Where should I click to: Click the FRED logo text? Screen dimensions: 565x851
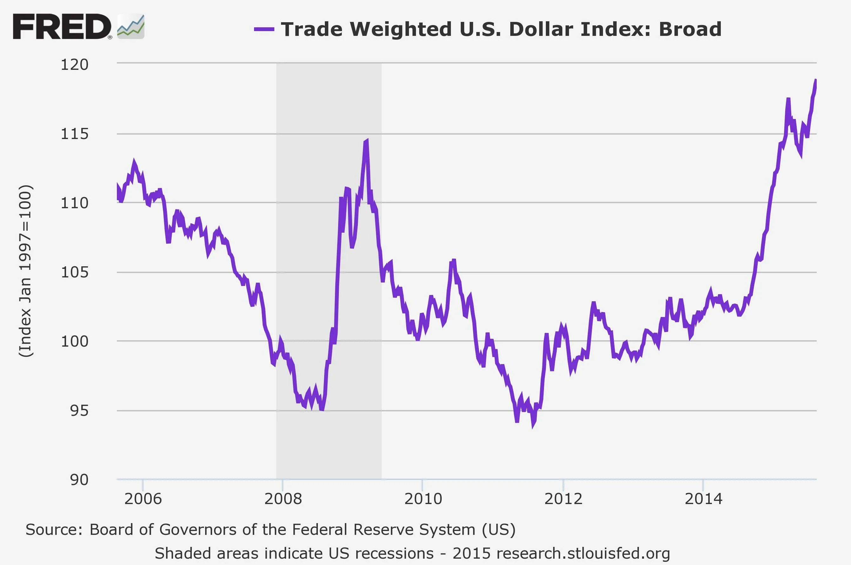tap(62, 27)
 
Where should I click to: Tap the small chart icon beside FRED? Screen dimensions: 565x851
tap(131, 27)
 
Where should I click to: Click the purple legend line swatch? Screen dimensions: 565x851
tap(264, 29)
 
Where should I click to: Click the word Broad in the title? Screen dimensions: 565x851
tap(690, 29)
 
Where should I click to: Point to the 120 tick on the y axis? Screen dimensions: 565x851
tap(74, 65)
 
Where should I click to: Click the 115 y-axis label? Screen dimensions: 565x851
tap(74, 134)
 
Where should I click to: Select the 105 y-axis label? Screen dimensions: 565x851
tap(74, 272)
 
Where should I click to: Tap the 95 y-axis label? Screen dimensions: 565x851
tap(79, 410)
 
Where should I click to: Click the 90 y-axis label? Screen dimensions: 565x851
tap(79, 480)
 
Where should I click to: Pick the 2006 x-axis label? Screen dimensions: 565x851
tap(143, 499)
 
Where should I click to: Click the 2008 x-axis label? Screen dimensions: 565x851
tap(283, 499)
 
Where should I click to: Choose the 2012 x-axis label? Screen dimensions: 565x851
tap(563, 499)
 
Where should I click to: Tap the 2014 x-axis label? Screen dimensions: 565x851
tap(703, 499)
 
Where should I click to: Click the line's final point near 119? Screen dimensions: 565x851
tap(816, 80)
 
